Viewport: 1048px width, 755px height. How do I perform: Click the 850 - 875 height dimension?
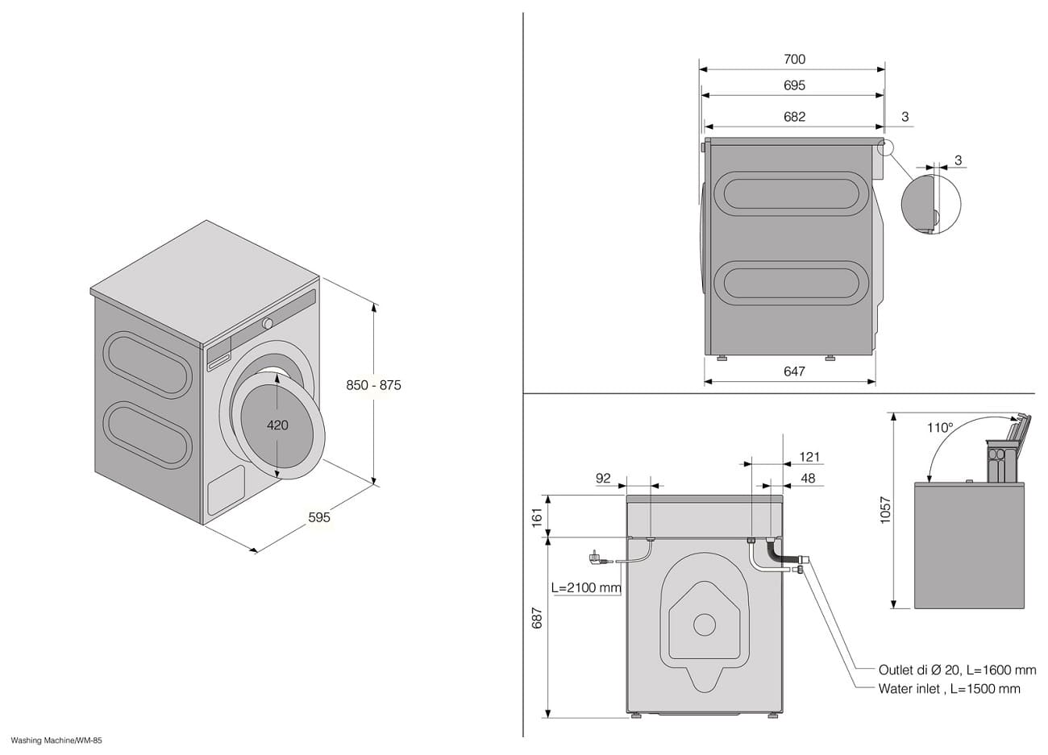pos(373,385)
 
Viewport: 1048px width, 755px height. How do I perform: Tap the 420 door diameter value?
pos(277,425)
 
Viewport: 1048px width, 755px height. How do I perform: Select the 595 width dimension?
pos(319,517)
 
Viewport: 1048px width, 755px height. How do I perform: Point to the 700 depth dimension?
pos(794,60)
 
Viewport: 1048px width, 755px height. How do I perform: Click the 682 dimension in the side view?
pos(794,116)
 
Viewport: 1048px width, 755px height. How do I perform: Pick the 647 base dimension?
pos(794,371)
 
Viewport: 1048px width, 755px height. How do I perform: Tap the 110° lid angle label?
pos(940,427)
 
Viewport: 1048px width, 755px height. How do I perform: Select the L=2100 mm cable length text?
pos(586,587)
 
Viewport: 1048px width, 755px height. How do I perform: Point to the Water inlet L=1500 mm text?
pos(950,689)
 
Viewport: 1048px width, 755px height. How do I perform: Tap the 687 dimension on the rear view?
pos(537,618)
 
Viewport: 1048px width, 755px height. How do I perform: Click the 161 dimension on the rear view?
pos(537,517)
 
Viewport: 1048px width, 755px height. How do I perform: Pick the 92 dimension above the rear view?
pos(603,478)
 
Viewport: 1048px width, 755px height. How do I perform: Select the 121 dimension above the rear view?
pos(809,457)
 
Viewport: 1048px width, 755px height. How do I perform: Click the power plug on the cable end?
pos(595,558)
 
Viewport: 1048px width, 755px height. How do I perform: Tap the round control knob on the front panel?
pos(268,323)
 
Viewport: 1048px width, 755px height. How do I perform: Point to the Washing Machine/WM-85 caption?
pos(56,740)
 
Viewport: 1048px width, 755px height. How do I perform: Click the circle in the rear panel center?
pos(704,624)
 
